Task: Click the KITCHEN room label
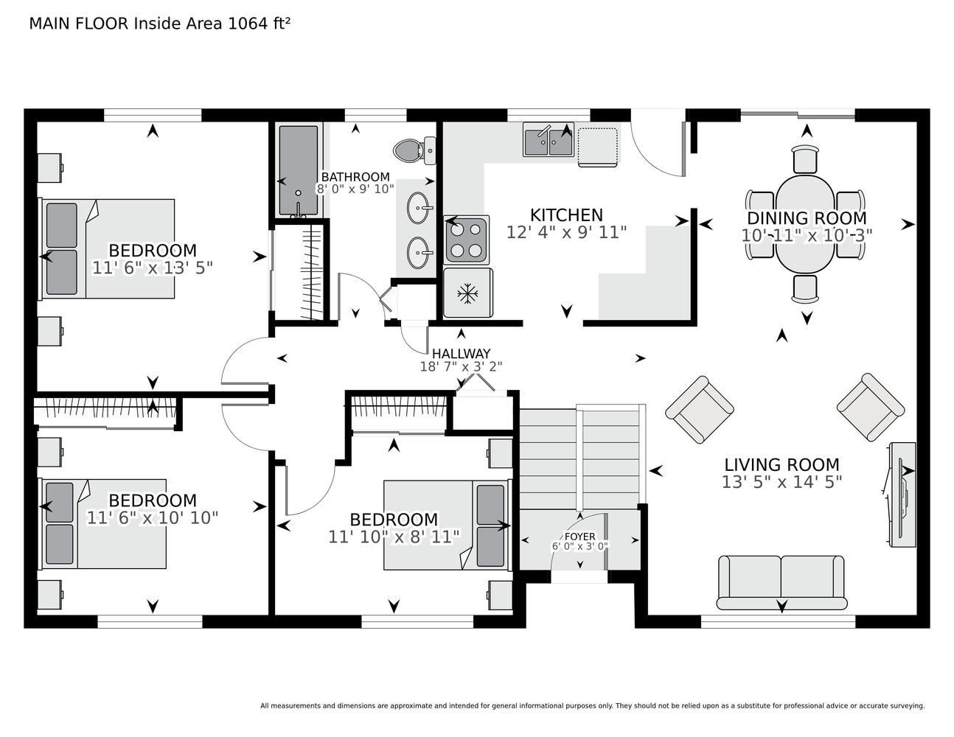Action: coord(566,215)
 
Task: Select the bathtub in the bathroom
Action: coord(298,171)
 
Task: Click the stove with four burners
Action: coord(466,240)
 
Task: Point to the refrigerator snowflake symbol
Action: coord(467,293)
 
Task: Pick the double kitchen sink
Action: coord(549,139)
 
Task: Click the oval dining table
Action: coord(805,224)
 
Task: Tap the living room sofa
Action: coord(781,583)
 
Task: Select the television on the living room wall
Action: coord(902,495)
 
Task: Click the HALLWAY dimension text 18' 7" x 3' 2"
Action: coord(461,366)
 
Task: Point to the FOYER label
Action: coord(580,537)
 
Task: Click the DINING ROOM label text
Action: coord(807,218)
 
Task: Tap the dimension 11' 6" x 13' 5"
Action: coord(153,268)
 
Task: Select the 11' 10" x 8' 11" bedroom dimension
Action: coord(394,537)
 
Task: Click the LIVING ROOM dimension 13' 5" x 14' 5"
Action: coord(782,482)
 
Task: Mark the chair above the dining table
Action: coord(806,159)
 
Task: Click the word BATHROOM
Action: coord(355,177)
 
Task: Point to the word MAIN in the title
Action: coord(49,24)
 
